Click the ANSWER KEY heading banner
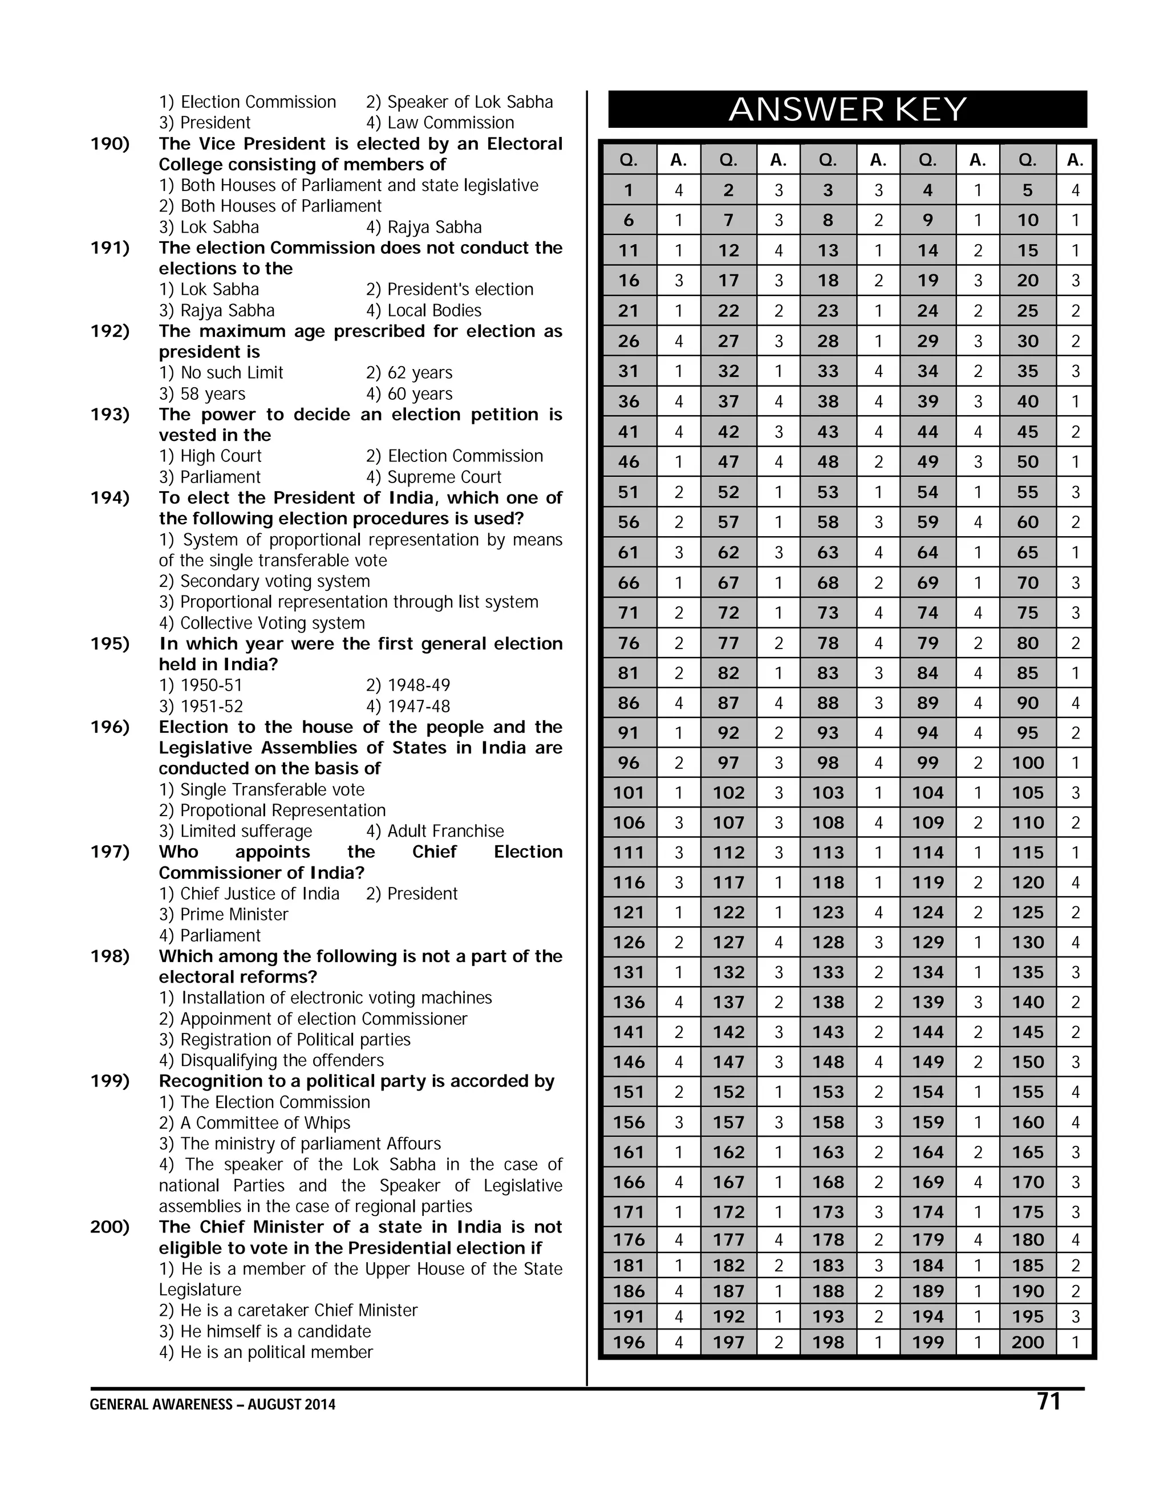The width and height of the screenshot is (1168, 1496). (x=847, y=110)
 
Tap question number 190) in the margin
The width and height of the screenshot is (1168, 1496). (x=110, y=144)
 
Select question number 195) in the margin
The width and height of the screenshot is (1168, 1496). (x=110, y=644)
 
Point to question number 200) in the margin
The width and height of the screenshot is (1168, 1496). (x=110, y=1227)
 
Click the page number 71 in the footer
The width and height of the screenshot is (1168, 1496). (x=1049, y=1401)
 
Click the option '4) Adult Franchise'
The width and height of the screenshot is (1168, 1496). (x=435, y=831)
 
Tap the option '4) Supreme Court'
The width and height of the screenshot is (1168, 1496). (x=433, y=477)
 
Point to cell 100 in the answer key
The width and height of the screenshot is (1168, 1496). (x=1028, y=763)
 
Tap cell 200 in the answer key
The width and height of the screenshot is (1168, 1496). (x=1028, y=1342)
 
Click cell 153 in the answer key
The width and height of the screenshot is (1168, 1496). (x=828, y=1092)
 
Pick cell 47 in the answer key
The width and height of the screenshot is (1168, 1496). (x=728, y=461)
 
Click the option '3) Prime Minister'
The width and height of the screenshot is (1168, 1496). (x=224, y=914)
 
